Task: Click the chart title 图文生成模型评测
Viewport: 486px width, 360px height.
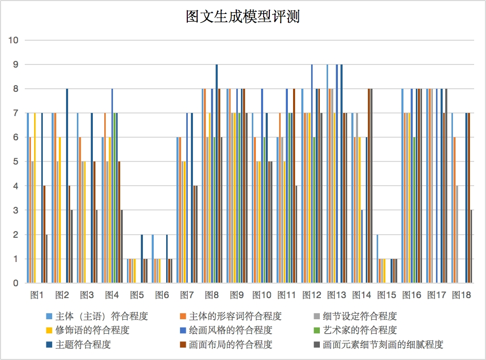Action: [242, 17]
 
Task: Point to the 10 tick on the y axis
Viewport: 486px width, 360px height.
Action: [14, 40]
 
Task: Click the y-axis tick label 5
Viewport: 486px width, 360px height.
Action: [16, 162]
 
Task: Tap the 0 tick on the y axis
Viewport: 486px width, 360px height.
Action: [16, 283]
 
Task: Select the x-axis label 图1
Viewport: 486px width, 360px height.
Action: [37, 296]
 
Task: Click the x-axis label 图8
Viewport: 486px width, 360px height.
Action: [212, 296]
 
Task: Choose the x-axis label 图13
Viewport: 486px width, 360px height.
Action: [336, 296]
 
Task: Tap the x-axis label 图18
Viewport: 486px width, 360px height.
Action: [461, 296]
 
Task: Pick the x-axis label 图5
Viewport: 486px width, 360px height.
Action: [137, 296]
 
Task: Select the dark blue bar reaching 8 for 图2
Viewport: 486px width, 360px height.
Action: [67, 186]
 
